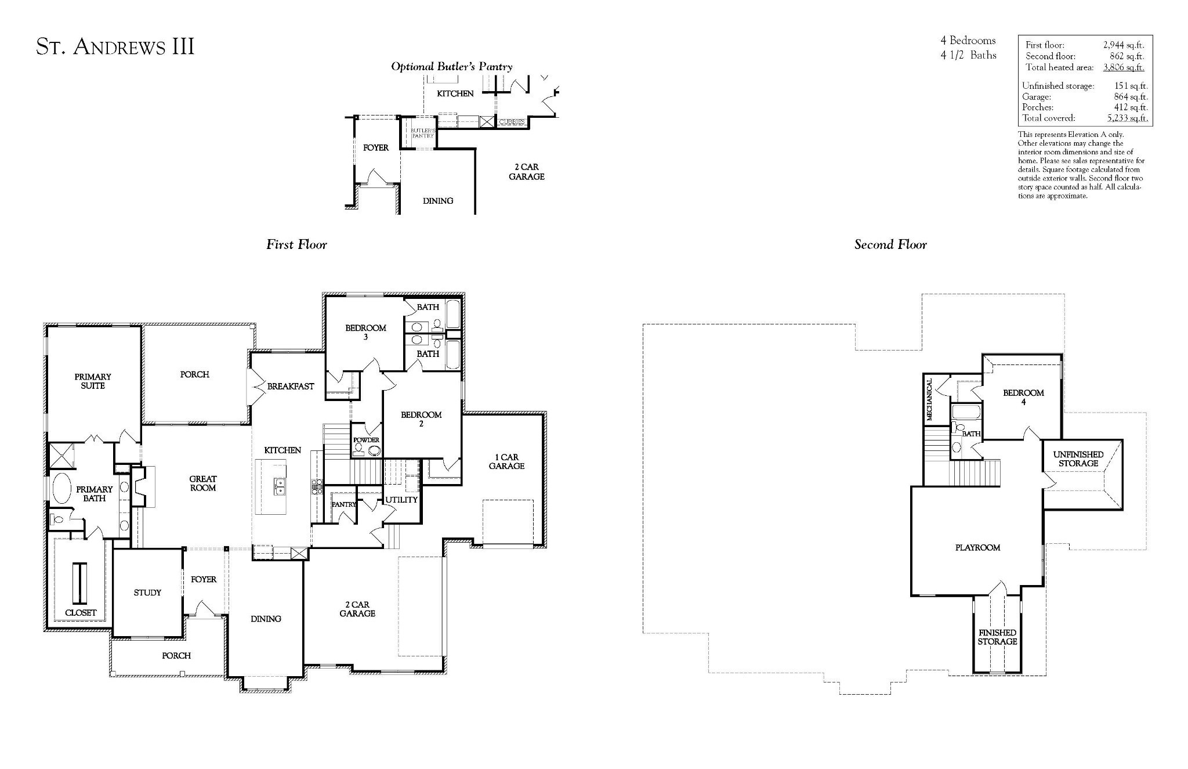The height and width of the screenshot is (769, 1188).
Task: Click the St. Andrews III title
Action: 115,47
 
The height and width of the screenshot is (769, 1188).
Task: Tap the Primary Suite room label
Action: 93,381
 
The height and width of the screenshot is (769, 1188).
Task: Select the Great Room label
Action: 203,483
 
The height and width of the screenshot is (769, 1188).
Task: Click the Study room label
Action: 147,593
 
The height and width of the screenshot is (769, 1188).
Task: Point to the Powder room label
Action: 366,440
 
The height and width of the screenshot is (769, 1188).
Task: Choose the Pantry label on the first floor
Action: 343,504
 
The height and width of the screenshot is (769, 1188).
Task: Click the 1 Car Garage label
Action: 506,461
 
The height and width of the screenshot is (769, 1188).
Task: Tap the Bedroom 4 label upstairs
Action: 1023,397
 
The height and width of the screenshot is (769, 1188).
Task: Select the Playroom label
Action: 977,547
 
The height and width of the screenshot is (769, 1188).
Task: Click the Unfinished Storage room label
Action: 1078,458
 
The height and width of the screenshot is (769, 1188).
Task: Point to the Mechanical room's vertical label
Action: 929,399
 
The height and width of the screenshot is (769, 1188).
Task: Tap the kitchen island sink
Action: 279,486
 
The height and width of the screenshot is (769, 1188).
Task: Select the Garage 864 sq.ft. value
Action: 1131,97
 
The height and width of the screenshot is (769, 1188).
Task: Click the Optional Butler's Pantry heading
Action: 452,67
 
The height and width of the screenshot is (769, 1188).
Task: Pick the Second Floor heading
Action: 890,244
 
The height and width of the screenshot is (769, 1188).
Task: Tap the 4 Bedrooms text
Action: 968,41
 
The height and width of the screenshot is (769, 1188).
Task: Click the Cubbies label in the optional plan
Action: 512,122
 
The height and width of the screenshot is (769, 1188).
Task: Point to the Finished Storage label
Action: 997,637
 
